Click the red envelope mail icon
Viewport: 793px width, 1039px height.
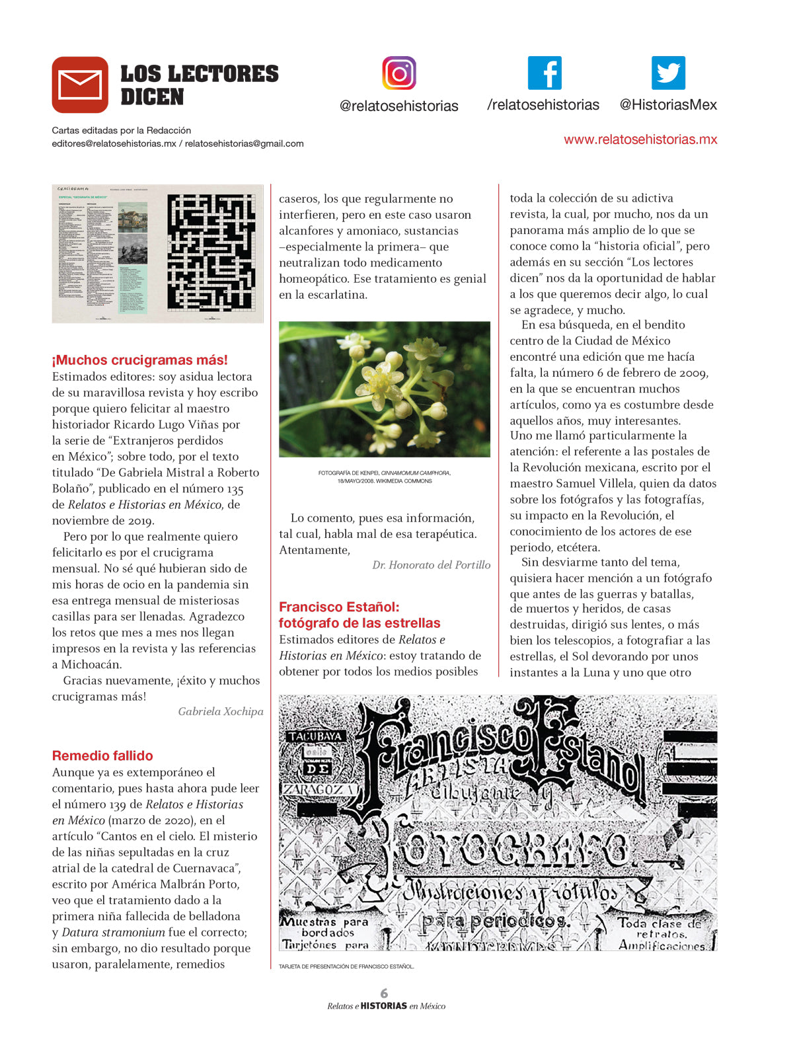[x=80, y=85]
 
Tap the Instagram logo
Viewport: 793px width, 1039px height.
[x=399, y=73]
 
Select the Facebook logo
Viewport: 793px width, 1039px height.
[x=545, y=73]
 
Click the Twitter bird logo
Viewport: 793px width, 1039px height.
[x=668, y=73]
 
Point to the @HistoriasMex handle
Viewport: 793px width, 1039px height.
[x=668, y=105]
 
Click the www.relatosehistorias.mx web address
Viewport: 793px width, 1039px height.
[x=640, y=139]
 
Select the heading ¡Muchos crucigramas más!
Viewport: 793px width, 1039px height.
[x=140, y=360]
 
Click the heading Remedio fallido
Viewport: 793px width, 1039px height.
[x=102, y=755]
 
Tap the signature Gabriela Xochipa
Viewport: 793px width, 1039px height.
[x=221, y=712]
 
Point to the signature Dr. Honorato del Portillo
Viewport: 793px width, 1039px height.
[x=431, y=565]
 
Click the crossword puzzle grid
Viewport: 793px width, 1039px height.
[x=211, y=252]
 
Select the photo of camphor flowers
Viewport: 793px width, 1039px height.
[x=385, y=389]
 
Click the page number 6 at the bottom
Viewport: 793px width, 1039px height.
[x=385, y=993]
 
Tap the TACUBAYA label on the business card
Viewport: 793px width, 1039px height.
[x=315, y=736]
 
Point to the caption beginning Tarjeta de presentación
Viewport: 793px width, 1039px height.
[x=346, y=966]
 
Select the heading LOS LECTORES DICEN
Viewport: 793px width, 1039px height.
[x=200, y=85]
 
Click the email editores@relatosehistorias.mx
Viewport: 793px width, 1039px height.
[x=114, y=143]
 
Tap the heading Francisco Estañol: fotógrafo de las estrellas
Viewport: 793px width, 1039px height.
[x=359, y=615]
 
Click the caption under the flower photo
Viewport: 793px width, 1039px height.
[x=385, y=477]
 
